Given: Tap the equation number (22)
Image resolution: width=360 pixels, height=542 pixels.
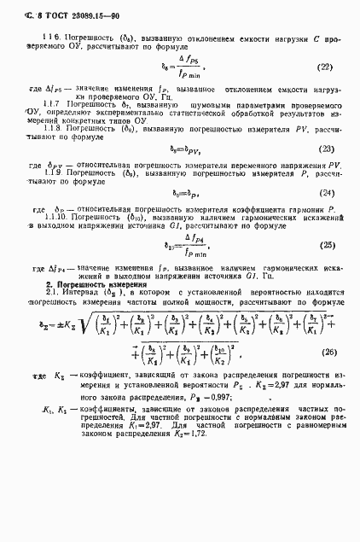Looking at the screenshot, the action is coord(325,67).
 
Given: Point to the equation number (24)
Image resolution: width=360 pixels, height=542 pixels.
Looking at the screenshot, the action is coord(325,192).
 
